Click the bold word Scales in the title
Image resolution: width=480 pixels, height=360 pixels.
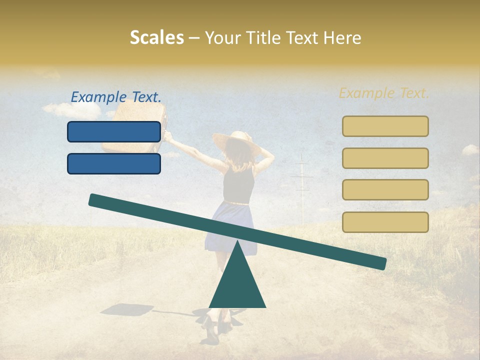156,38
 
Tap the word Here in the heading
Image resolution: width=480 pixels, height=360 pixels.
343,38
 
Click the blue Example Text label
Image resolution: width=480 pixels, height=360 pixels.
116,97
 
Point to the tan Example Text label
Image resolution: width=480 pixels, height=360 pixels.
384,93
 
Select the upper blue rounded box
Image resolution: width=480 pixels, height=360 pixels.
114,131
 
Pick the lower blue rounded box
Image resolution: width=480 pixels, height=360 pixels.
114,163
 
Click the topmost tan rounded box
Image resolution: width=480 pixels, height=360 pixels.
385,126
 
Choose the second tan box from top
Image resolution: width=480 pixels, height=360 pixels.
385,158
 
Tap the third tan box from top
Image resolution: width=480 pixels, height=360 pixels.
385,189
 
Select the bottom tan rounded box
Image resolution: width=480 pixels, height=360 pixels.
385,222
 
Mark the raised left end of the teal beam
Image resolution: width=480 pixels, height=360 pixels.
95,200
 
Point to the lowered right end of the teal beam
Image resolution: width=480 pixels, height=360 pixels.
380,263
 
